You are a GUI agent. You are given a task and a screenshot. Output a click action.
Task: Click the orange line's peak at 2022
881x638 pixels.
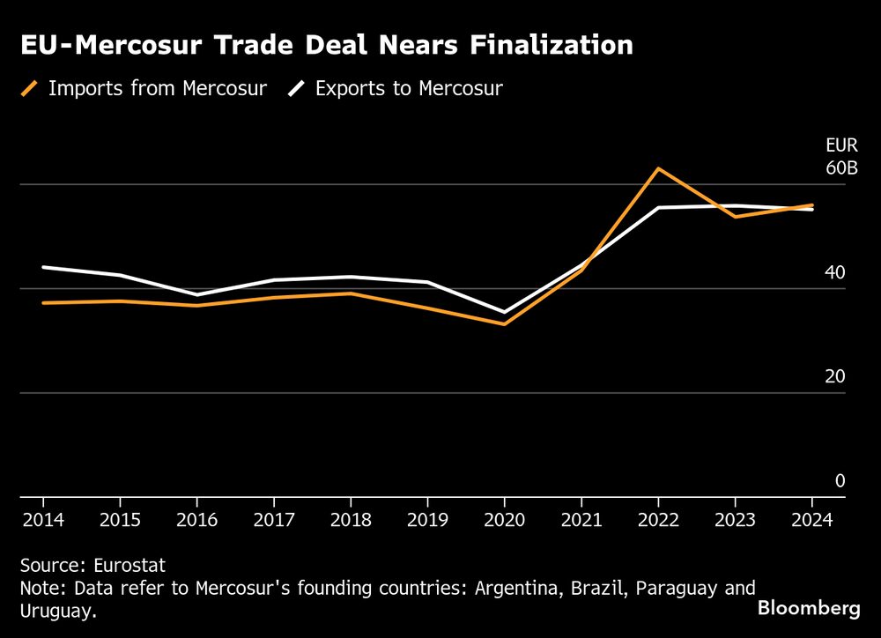click(657, 168)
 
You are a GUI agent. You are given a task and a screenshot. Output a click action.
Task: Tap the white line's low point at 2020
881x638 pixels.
click(504, 312)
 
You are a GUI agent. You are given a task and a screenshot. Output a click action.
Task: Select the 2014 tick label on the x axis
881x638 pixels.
click(42, 520)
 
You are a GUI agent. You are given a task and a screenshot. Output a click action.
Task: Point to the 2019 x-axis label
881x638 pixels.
click(427, 520)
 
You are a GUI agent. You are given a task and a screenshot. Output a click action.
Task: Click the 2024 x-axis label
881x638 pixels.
click(811, 520)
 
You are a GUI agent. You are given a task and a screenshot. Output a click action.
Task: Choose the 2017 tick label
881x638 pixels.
click(273, 520)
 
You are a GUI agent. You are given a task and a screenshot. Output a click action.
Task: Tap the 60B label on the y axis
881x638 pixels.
click(840, 167)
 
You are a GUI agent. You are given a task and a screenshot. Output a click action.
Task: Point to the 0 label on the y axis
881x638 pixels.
click(840, 480)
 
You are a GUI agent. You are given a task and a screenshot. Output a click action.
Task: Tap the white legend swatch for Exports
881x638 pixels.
click(297, 88)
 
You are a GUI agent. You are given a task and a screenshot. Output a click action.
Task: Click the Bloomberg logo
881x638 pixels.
click(809, 608)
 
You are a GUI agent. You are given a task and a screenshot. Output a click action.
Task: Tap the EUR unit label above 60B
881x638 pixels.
click(840, 146)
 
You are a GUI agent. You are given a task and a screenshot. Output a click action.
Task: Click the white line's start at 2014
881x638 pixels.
click(43, 267)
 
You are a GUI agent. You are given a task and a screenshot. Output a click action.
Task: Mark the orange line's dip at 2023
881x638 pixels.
click(735, 216)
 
